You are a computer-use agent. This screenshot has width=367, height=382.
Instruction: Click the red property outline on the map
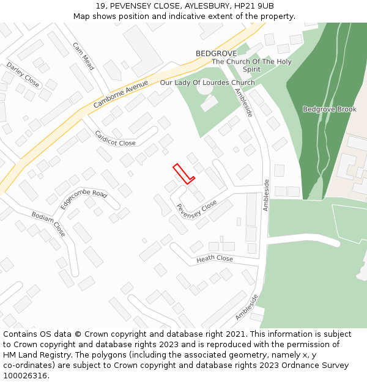[183, 173]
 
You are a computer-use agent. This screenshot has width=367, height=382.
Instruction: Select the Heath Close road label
[214, 259]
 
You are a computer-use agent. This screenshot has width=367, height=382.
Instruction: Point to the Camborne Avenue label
[120, 94]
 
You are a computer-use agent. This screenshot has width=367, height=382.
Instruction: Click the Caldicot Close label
[115, 139]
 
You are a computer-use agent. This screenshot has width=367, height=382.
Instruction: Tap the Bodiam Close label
[48, 224]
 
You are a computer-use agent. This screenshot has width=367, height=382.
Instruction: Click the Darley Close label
[23, 75]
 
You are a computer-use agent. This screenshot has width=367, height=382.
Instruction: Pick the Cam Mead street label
[83, 56]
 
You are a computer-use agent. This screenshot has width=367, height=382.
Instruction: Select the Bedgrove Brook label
[329, 109]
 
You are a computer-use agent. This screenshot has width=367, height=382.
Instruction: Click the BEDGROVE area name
[216, 54]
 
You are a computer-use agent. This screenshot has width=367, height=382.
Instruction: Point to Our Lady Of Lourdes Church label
[207, 83]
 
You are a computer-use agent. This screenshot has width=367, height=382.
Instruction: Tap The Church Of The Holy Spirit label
[251, 65]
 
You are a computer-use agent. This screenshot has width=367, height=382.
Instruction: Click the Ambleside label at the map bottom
[247, 307]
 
